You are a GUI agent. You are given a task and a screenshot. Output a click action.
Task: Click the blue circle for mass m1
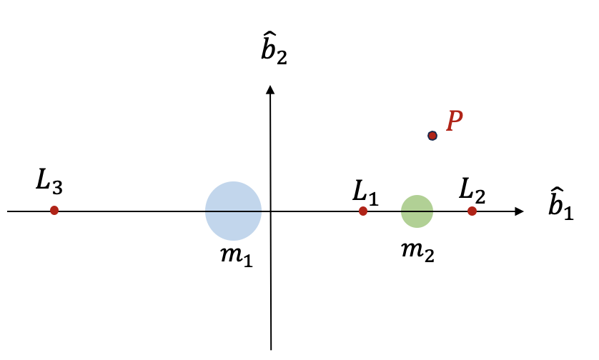tap(233, 211)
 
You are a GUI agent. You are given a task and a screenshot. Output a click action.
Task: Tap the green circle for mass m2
tap(417, 211)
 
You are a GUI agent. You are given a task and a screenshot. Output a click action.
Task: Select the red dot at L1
tap(363, 211)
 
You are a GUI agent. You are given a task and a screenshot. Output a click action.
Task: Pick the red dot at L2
tap(472, 211)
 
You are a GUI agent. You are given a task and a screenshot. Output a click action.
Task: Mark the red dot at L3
tap(54, 211)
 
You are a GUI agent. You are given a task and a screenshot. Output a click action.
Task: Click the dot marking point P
tap(432, 135)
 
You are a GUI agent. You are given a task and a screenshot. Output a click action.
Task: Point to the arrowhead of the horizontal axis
tap(520, 211)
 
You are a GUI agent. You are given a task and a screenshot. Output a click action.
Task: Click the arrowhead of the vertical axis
tap(270, 89)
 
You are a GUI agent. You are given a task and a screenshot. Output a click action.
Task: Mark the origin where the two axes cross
tap(270, 211)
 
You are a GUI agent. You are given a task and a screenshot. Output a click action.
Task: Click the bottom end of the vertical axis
tap(271, 349)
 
